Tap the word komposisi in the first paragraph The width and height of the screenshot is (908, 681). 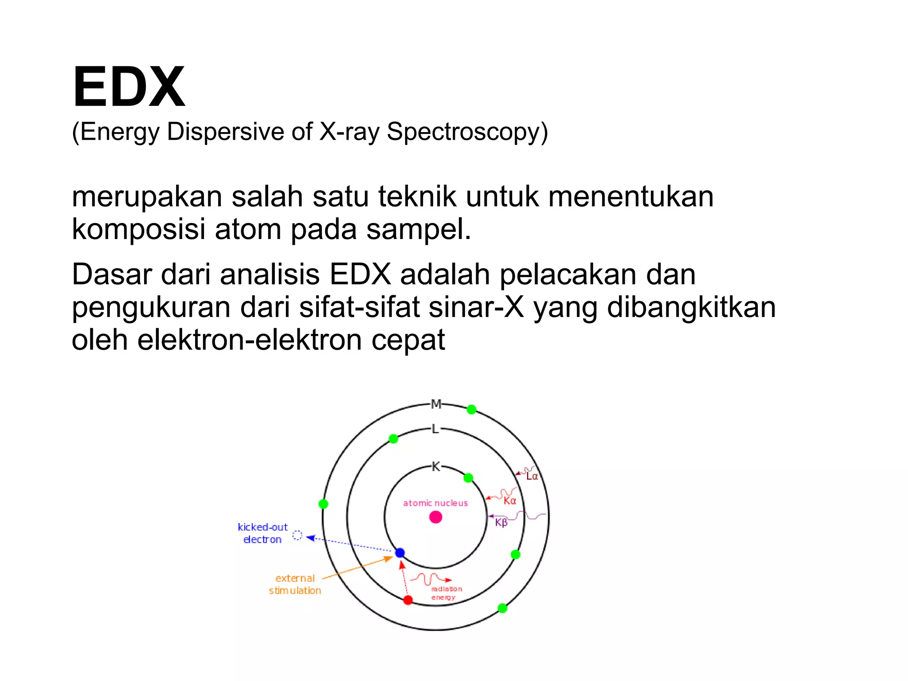(x=138, y=229)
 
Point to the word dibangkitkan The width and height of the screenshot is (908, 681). (x=691, y=307)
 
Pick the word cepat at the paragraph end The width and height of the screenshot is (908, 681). (x=408, y=340)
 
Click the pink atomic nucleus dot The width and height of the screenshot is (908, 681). (x=436, y=517)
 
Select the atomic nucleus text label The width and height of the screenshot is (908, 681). (x=435, y=503)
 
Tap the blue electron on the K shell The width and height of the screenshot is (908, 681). (x=400, y=553)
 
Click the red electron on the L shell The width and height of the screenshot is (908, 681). (x=408, y=600)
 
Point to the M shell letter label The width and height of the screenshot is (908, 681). (x=436, y=404)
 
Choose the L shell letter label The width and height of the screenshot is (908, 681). (x=435, y=429)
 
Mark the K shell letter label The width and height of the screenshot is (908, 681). (x=436, y=466)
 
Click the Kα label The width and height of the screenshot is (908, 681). (x=510, y=501)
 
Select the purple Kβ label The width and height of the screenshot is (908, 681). (x=501, y=523)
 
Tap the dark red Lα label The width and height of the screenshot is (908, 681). (x=532, y=477)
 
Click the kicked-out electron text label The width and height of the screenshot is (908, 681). (x=262, y=533)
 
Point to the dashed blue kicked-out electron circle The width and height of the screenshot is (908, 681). (x=297, y=536)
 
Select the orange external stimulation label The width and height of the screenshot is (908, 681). (x=295, y=584)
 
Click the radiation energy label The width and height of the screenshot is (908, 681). (x=446, y=593)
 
